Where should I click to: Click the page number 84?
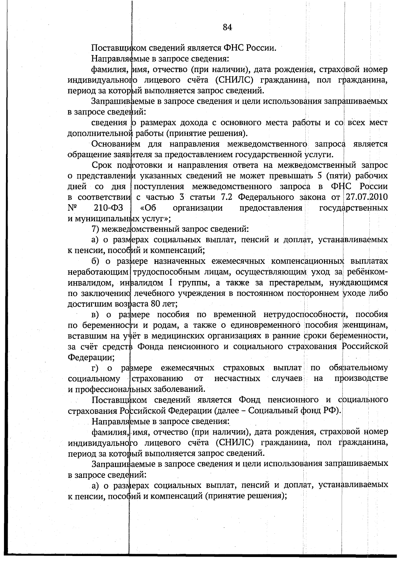coord(227,27)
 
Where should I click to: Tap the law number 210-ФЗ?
coord(108,208)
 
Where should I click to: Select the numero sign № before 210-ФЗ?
coord(72,208)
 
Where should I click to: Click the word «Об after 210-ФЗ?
coord(148,208)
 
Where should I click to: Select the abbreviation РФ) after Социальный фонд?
coord(332,410)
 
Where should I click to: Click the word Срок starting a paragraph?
coord(102,165)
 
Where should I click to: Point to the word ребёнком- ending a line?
coord(367,272)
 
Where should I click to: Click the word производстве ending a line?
coord(361,378)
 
